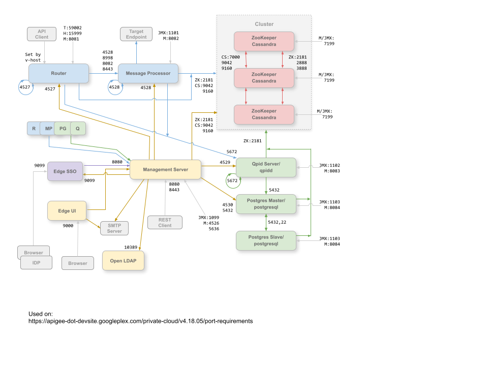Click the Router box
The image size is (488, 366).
[58, 74]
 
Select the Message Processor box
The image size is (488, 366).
[148, 74]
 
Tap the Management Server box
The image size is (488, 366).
[165, 169]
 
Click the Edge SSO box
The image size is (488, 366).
[65, 172]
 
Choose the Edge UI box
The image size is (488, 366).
[66, 211]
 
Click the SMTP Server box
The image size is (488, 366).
[114, 228]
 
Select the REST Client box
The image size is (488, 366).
[165, 222]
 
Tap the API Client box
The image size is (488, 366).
[41, 34]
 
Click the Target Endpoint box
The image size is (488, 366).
[136, 34]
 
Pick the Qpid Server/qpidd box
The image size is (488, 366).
[266, 168]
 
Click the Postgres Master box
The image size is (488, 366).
[266, 204]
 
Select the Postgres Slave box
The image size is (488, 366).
[266, 240]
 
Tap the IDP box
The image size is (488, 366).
[36, 263]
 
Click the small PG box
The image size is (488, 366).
[63, 129]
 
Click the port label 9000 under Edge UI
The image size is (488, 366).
[68, 225]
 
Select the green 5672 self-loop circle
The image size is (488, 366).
[232, 180]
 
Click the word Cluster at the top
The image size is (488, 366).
[264, 24]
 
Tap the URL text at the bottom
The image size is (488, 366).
[140, 321]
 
